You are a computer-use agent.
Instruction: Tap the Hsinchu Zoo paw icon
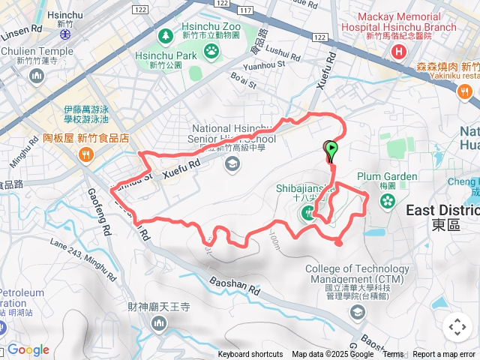tap(213, 51)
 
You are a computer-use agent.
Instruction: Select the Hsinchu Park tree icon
tap(165, 36)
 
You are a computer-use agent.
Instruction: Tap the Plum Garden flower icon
tap(387, 201)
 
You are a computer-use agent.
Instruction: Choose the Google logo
tap(28, 350)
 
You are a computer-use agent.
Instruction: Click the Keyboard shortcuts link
tap(250, 355)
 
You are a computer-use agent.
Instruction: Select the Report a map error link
tap(444, 355)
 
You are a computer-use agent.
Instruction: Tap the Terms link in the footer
tap(393, 355)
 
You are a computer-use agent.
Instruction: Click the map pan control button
tap(457, 327)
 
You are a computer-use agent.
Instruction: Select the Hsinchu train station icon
tap(65, 34)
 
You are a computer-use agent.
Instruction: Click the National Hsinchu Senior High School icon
tap(232, 163)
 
